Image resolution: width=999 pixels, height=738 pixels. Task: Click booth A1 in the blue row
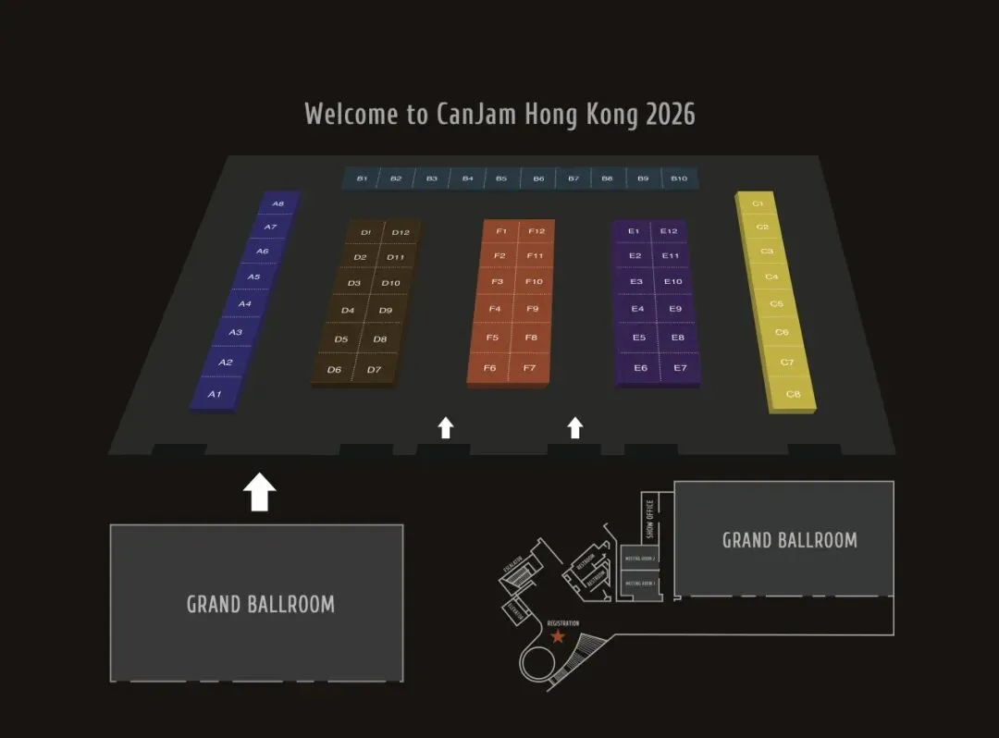coord(216,394)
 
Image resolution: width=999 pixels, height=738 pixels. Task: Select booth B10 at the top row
coord(679,178)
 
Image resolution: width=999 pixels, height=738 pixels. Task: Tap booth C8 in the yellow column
coord(793,395)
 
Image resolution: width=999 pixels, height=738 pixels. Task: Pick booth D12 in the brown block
coord(401,233)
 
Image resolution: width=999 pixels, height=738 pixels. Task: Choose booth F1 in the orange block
coord(501,231)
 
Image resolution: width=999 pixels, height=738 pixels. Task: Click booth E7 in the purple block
coord(680,368)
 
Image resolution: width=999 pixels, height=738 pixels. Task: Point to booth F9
coord(532,309)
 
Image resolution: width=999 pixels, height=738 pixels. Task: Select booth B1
coord(362,178)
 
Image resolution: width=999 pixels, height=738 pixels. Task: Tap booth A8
coord(277,203)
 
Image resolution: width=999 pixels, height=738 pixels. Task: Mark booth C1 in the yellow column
coord(758,203)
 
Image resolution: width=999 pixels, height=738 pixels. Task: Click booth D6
coord(335,370)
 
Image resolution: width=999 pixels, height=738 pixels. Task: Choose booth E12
coord(670,231)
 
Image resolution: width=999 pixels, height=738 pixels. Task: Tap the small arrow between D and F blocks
coord(446,427)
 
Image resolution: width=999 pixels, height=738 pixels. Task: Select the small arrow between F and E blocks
coord(575,427)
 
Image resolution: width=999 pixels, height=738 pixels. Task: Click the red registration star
coord(558,636)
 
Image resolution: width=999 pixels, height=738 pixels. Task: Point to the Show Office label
coord(650,519)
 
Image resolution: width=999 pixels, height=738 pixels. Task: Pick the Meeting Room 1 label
coord(640,584)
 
